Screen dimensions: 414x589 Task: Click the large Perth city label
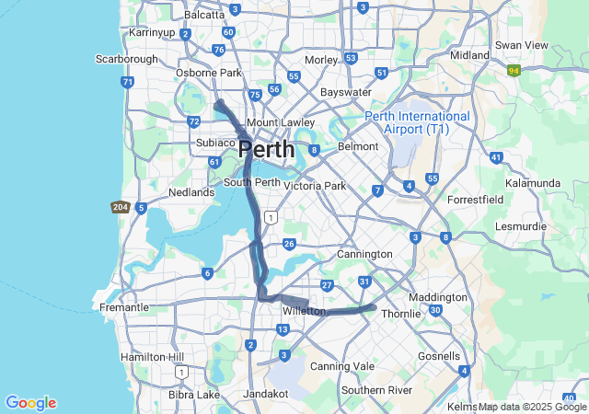point(267,149)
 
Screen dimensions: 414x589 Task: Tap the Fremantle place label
point(123,307)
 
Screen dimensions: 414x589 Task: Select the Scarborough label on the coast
point(127,59)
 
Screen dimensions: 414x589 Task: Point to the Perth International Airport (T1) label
point(417,122)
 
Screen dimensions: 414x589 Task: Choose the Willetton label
point(304,311)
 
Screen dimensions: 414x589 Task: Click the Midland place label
point(469,55)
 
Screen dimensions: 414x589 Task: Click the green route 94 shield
point(514,69)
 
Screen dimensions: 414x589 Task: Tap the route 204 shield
point(119,208)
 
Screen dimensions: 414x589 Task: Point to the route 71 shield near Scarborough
point(127,82)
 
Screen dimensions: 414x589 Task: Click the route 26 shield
point(289,244)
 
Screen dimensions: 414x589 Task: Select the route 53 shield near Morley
point(351,57)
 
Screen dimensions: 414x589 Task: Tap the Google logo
point(30,403)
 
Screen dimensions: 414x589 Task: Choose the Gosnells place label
point(438,355)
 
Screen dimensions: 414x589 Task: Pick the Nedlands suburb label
point(191,192)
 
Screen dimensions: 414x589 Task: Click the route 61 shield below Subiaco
point(214,162)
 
